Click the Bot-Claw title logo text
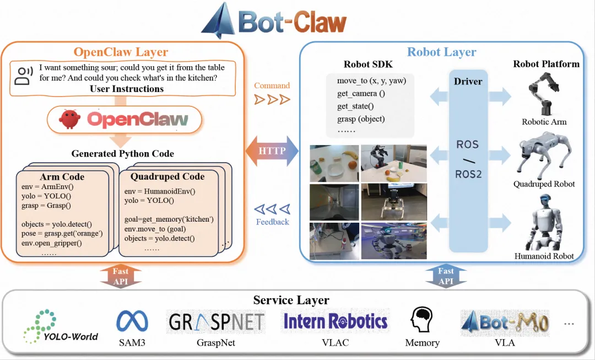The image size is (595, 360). point(292,23)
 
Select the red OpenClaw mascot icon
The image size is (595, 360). point(70,119)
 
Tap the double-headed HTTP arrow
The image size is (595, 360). point(272,151)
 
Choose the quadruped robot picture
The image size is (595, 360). point(544,155)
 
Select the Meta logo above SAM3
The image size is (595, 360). point(132,321)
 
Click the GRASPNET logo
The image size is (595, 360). point(217,322)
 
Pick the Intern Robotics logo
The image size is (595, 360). point(336,321)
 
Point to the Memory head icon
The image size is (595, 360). point(421,320)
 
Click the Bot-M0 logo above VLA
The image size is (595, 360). point(505,323)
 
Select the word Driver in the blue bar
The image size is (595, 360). point(468,81)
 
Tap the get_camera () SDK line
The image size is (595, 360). point(361,93)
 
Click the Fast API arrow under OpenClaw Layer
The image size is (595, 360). point(121,276)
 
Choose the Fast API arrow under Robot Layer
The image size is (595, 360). point(446,276)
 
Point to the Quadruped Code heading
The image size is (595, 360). point(167,176)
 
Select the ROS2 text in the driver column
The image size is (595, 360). point(468,174)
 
